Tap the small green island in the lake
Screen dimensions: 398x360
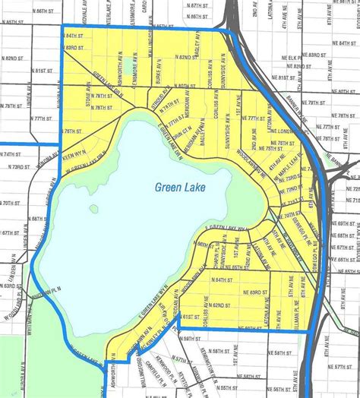click(x=93, y=208)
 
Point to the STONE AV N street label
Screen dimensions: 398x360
click(x=88, y=99)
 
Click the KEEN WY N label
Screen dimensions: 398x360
click(x=73, y=153)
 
